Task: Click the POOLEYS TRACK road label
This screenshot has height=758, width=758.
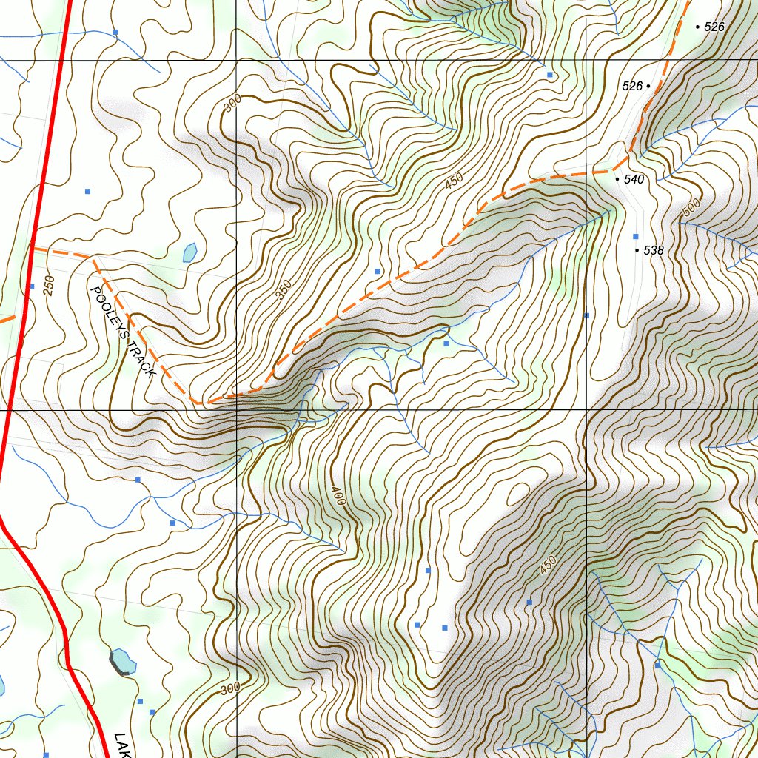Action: coord(122,332)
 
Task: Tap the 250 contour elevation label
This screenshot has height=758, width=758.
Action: coord(49,286)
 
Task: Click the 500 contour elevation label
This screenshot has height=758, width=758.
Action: coord(691,209)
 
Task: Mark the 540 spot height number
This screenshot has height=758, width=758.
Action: coord(634,179)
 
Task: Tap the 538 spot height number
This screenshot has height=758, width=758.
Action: coord(654,251)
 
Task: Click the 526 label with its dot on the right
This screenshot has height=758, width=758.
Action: coord(632,87)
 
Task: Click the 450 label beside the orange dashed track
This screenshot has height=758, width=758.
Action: coord(454,181)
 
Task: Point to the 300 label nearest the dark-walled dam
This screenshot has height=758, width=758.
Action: coord(230,689)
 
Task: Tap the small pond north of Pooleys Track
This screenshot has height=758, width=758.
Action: coord(189,252)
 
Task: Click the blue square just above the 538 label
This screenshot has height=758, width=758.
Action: coord(635,236)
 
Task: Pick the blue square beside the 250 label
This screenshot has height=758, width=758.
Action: coord(31,286)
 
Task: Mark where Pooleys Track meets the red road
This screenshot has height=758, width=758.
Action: coord(31,249)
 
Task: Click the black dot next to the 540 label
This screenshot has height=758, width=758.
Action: coord(617,179)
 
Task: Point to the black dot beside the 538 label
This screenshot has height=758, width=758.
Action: coord(637,251)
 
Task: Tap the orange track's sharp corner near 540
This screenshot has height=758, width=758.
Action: coord(628,157)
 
